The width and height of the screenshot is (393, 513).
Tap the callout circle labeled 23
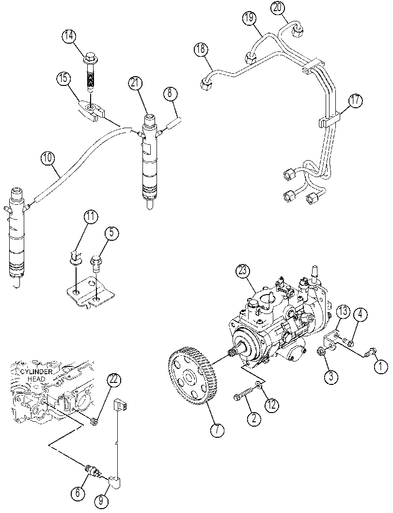point(244,272)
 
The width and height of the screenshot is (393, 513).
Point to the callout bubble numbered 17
point(356,101)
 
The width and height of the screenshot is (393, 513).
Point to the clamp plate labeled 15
point(91,111)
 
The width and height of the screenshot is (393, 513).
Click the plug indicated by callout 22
point(94,422)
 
